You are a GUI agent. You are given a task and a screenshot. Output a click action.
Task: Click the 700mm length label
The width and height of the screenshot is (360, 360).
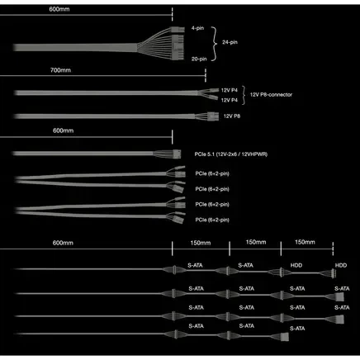[x=60, y=70]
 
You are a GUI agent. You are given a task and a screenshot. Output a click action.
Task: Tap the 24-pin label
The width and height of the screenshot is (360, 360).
[x=230, y=42]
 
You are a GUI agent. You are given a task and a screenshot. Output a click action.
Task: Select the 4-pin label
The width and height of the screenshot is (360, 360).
[x=197, y=28]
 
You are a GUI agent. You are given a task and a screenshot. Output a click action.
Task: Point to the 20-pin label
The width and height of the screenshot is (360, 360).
[x=199, y=59]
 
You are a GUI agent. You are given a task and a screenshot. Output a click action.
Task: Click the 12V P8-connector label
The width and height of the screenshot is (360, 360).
[x=271, y=95]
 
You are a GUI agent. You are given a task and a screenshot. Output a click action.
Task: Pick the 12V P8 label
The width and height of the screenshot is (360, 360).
[x=232, y=116]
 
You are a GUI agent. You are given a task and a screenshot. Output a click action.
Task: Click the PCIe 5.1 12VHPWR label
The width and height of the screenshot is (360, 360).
[x=231, y=154]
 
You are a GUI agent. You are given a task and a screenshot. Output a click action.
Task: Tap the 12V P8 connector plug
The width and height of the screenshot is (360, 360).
[x=213, y=116]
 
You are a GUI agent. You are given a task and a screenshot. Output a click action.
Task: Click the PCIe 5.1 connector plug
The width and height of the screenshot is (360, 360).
[x=177, y=154]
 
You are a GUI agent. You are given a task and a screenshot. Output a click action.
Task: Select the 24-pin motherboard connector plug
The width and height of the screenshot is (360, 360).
[x=178, y=44]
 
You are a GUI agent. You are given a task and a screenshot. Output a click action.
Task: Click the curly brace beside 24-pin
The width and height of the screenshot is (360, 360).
[x=215, y=44]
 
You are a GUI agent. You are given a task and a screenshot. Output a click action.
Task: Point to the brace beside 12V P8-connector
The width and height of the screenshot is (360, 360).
[x=244, y=95]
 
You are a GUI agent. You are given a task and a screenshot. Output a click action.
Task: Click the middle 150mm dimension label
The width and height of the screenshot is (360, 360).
[x=256, y=242]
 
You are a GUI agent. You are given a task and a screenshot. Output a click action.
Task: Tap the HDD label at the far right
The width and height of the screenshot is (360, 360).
[x=341, y=265]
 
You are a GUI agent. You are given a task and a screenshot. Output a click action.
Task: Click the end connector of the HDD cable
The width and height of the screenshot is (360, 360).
[x=334, y=273]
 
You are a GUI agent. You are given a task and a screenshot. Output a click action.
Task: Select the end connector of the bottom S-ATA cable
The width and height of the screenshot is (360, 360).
[x=285, y=337]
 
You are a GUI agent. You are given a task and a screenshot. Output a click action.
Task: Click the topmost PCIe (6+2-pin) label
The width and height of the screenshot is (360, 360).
[x=212, y=173]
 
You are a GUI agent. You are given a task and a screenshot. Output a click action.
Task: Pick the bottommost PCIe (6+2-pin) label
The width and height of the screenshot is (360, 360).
[x=212, y=220]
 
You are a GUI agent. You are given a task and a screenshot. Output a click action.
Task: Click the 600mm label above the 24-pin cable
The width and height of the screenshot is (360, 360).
[x=59, y=9]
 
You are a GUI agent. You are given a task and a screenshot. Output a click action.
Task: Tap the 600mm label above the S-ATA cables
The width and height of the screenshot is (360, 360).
[x=63, y=243]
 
